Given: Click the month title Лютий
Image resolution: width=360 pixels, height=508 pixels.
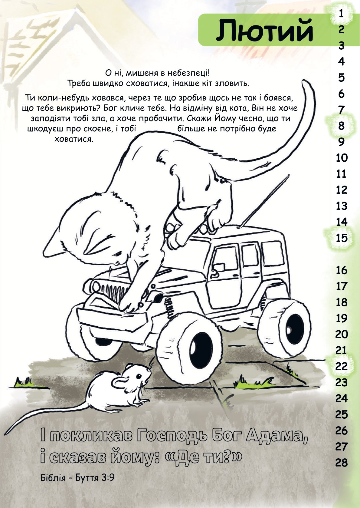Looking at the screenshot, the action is (264, 30).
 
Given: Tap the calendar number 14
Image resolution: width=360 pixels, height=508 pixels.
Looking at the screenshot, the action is (342, 222).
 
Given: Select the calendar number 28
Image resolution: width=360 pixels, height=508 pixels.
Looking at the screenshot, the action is (342, 463).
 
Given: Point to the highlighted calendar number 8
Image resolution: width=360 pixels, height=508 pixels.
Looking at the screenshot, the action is (342, 126).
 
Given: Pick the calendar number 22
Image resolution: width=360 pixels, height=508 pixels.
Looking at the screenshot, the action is (342, 367).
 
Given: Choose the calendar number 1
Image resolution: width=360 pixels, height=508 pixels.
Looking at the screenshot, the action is (341, 14).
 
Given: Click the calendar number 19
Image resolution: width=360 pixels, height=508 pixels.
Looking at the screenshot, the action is (342, 318).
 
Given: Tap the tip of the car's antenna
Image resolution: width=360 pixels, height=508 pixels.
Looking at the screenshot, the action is (289, 175).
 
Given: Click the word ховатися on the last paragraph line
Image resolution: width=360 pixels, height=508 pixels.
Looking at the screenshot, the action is (74, 139).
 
